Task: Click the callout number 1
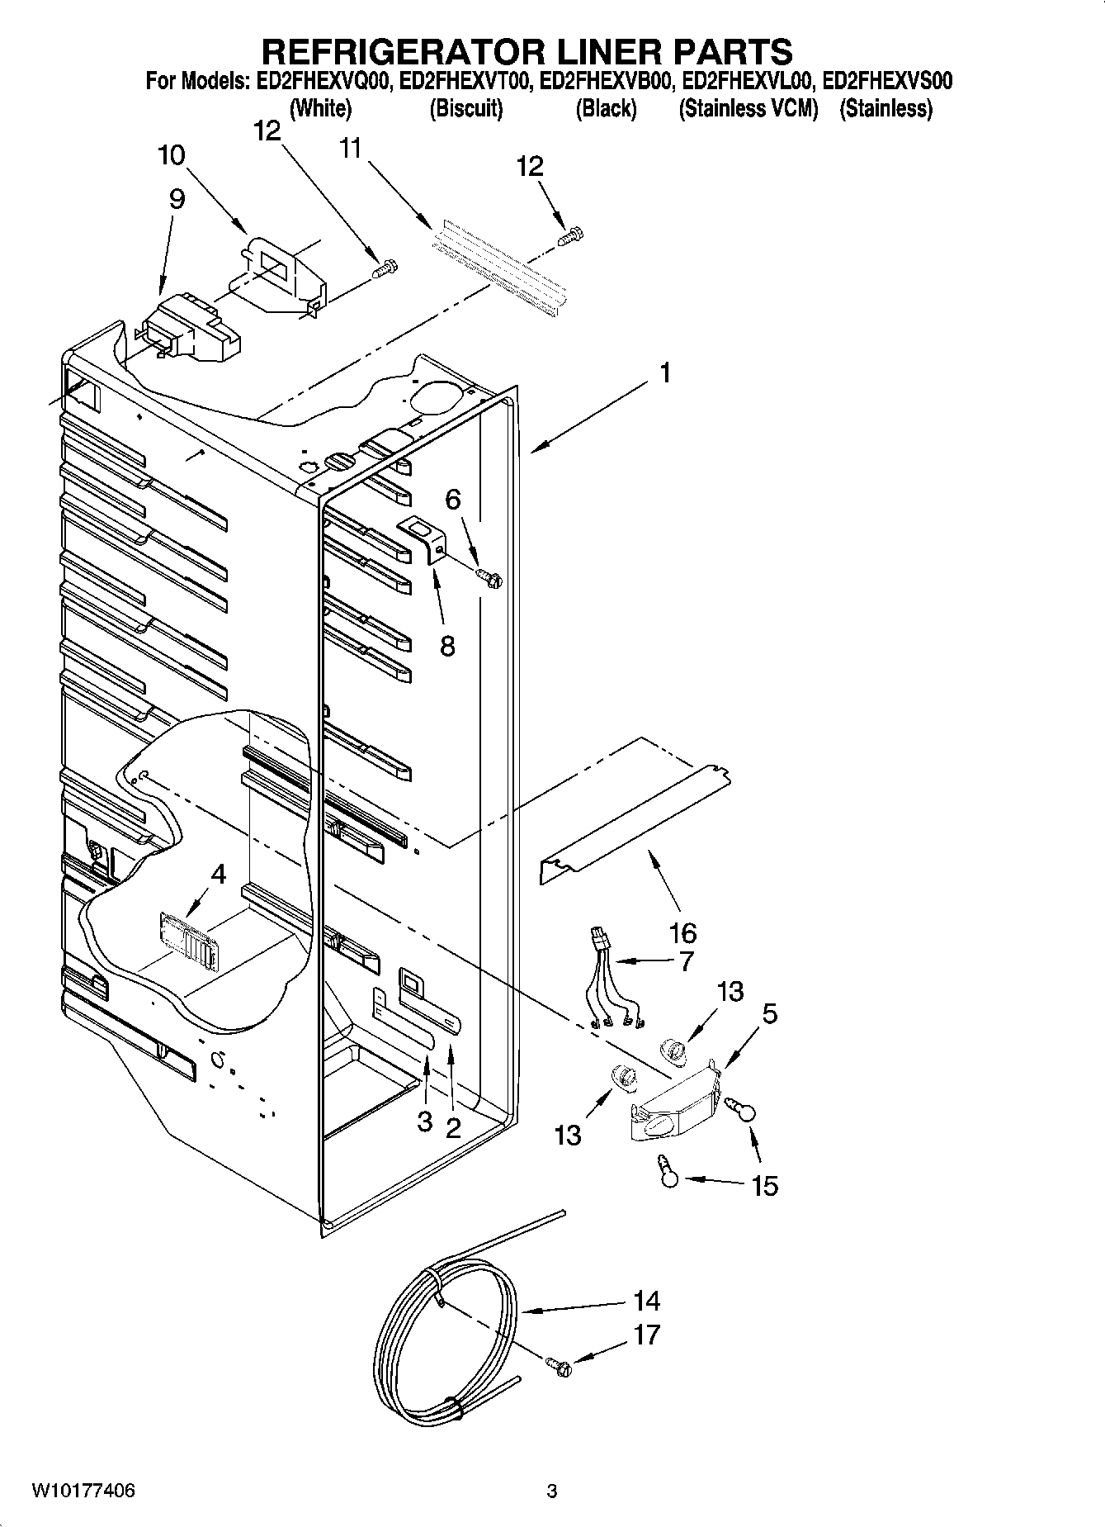(664, 373)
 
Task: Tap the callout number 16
(682, 934)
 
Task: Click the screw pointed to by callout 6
(490, 579)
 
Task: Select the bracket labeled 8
(425, 538)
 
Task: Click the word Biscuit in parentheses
(466, 108)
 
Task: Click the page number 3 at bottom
(552, 1491)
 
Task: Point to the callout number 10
(172, 155)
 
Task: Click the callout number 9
(176, 198)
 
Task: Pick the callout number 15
(765, 1186)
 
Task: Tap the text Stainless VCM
(748, 108)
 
